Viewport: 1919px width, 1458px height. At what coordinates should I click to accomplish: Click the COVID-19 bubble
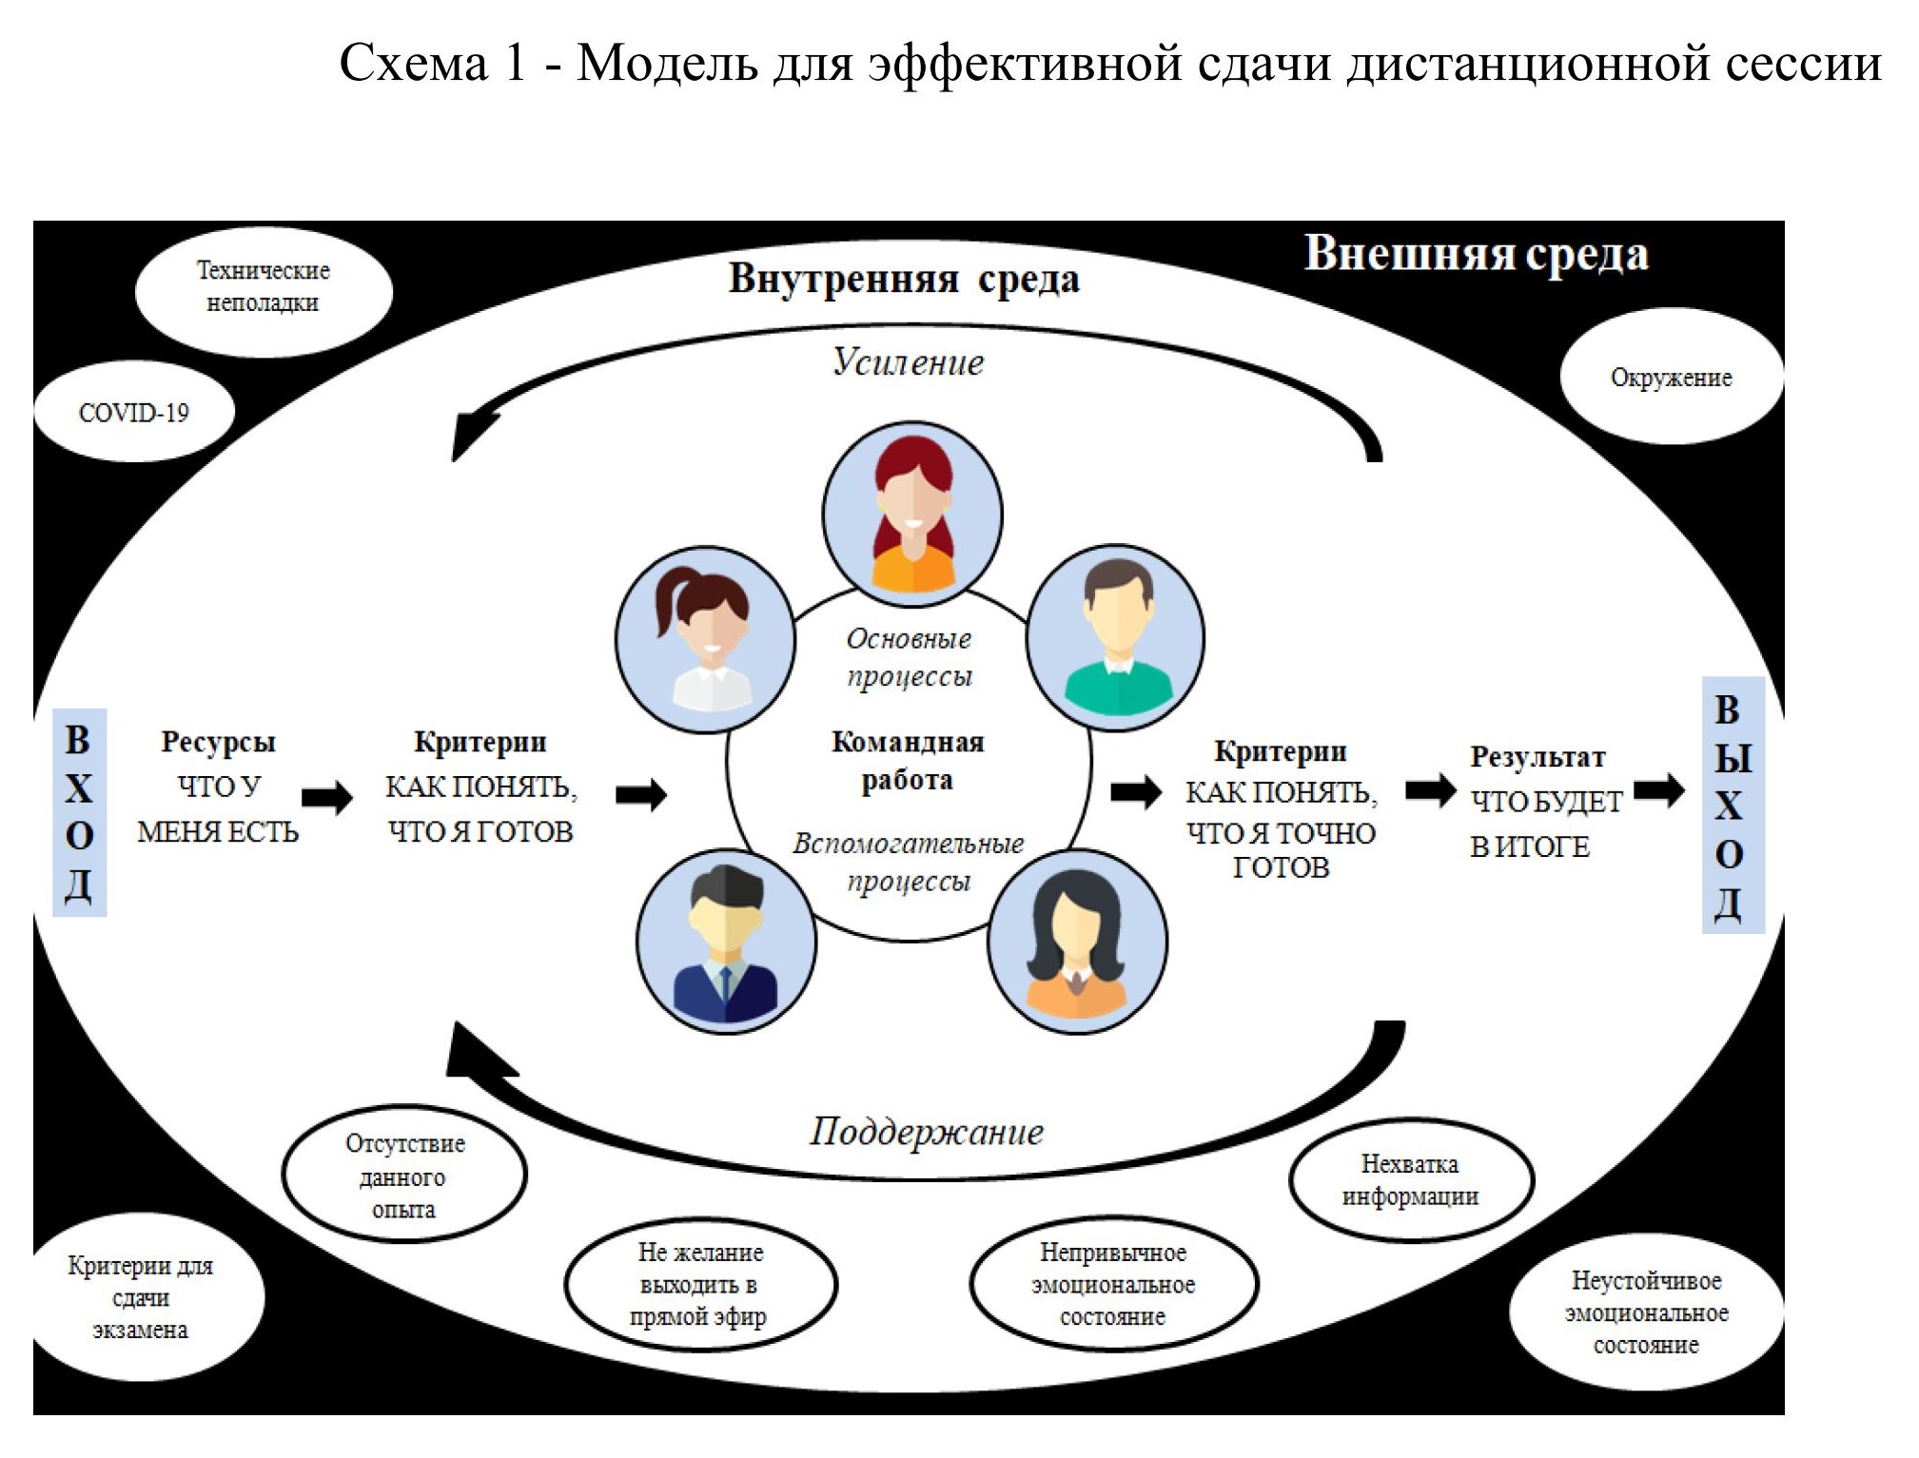133,413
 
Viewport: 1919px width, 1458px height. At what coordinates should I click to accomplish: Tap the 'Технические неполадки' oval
264,288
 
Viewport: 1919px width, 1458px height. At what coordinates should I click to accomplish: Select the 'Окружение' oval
1671,378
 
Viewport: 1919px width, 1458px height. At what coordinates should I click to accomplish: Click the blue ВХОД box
79,812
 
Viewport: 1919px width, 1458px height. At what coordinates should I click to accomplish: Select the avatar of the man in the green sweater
1115,635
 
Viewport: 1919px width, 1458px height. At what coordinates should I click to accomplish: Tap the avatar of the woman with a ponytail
705,639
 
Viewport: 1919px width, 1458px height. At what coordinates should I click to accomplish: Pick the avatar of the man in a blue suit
726,942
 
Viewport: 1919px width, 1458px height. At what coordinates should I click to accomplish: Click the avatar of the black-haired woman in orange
1077,942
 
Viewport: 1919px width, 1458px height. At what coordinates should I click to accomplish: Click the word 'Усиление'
908,362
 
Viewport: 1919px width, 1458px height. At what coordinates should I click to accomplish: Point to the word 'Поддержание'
926,1132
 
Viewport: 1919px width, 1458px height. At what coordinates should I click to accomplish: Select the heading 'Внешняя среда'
1476,254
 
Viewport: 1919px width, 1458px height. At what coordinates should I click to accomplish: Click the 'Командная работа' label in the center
907,761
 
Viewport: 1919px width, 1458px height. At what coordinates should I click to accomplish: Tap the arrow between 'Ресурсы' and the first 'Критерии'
327,798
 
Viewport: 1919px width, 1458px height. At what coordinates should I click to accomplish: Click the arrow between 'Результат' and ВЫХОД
1659,790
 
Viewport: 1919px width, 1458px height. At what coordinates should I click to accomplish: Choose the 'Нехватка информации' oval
1411,1180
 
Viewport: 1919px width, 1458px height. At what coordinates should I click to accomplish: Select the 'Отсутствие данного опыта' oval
404,1176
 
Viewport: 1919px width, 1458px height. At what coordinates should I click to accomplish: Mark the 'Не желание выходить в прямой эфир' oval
700,1284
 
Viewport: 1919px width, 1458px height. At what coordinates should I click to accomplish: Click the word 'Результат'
1537,757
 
